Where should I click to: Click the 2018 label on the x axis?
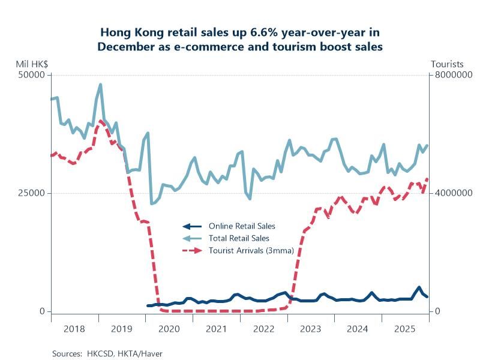tap(74, 329)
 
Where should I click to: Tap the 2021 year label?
tap(216, 329)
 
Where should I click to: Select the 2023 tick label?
tap(311, 329)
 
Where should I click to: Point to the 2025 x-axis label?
tap(406, 329)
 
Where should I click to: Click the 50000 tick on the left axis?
tap(33, 75)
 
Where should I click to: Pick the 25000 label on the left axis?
tap(33, 193)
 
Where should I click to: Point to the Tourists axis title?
tap(447, 64)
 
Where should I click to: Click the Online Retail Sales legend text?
tap(242, 226)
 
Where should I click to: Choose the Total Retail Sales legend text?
tap(239, 239)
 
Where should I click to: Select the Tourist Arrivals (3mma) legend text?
tap(251, 251)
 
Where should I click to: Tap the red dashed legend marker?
tap(192, 251)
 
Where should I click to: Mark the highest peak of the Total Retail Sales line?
tap(100, 85)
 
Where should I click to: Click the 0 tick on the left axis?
tap(42, 311)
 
